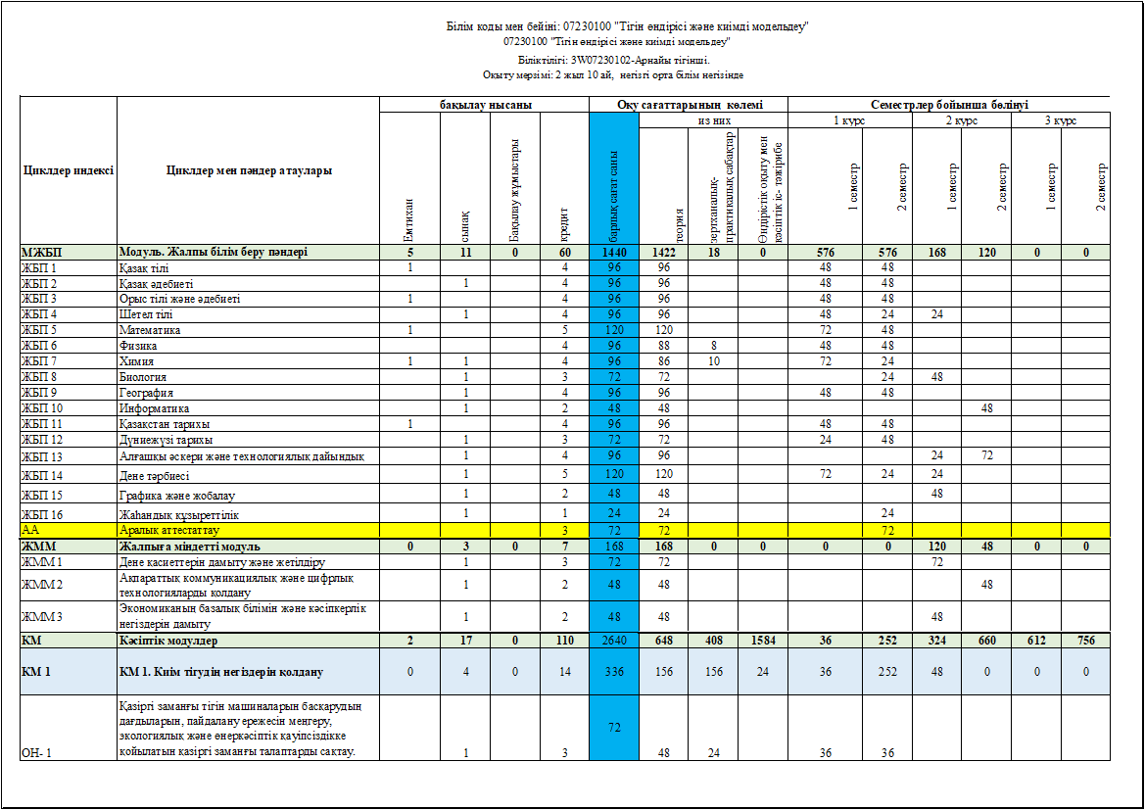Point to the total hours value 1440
(x=614, y=253)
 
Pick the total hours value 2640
(x=614, y=641)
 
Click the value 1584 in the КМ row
(x=762, y=641)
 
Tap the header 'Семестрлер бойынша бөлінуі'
(x=948, y=105)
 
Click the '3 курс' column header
(x=1061, y=120)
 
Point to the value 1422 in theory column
(x=663, y=253)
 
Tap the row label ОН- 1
(x=36, y=752)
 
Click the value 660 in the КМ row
(x=986, y=641)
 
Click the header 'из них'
(x=713, y=120)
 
